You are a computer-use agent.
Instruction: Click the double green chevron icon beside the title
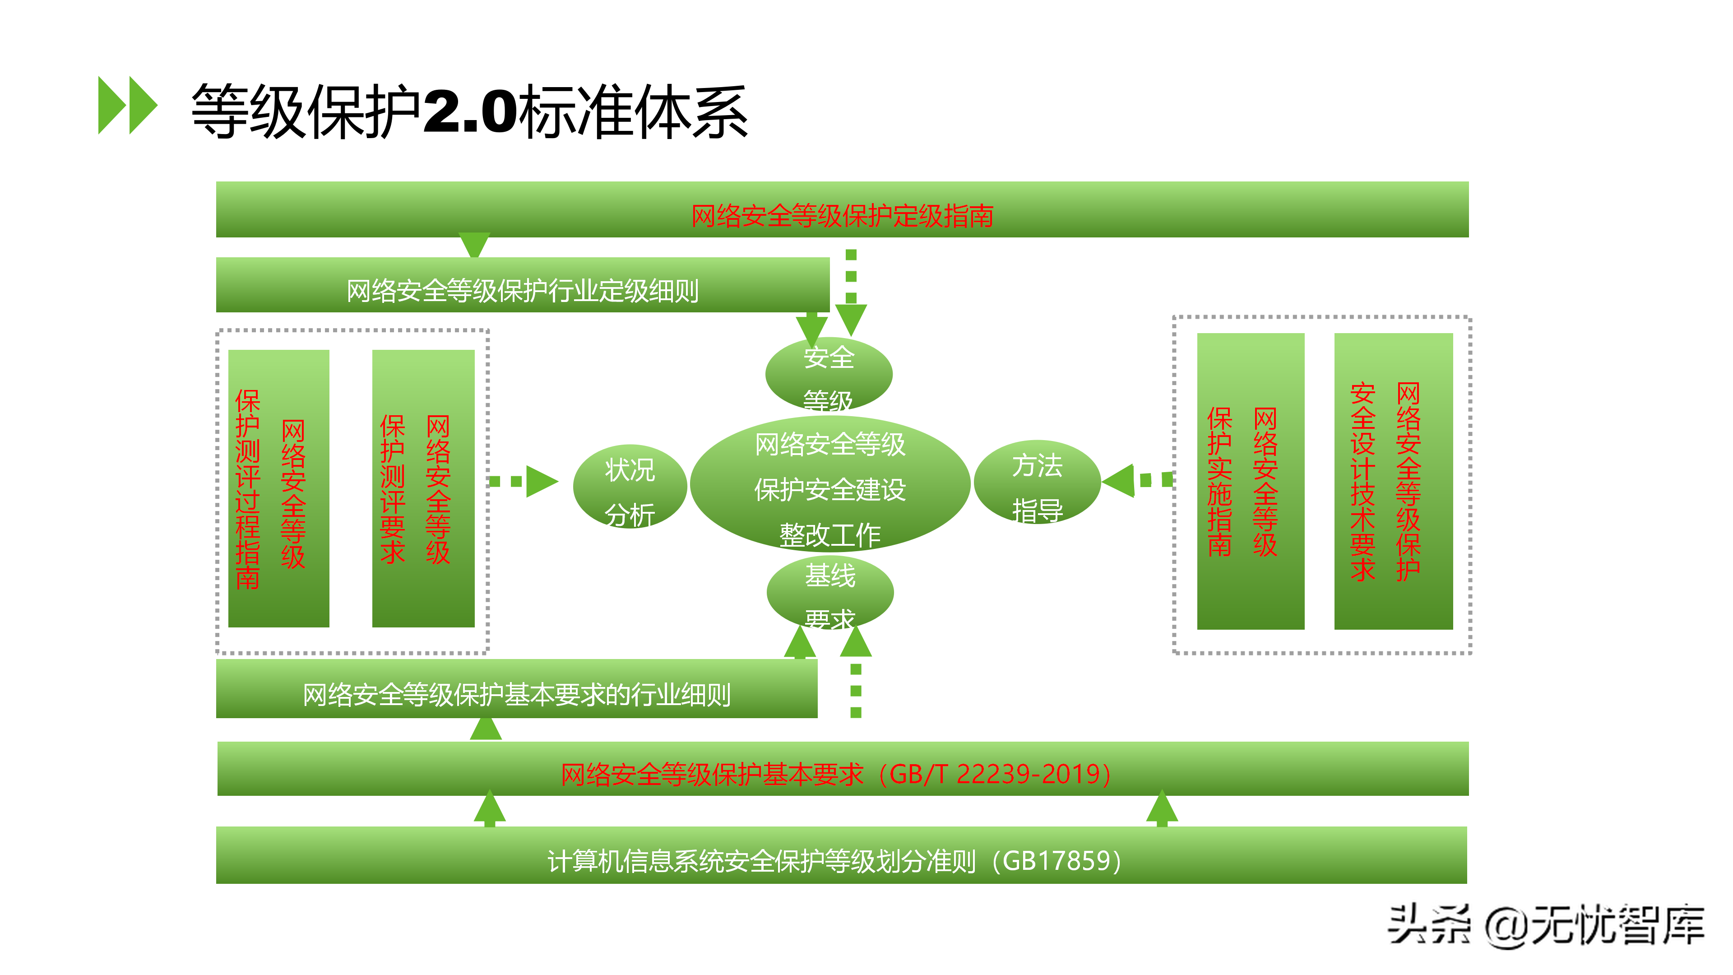[x=127, y=105]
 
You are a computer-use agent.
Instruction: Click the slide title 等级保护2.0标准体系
[x=469, y=111]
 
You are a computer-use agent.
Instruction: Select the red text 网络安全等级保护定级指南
[x=842, y=216]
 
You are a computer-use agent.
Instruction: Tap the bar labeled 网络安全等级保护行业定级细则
[x=522, y=291]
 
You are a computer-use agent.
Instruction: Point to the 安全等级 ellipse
[x=829, y=374]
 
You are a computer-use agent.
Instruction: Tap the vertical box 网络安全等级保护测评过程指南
[x=278, y=488]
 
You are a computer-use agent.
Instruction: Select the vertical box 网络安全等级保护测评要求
[x=423, y=488]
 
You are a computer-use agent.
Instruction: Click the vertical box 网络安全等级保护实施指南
[x=1250, y=482]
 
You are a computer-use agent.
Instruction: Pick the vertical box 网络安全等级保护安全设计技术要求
[x=1393, y=482]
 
